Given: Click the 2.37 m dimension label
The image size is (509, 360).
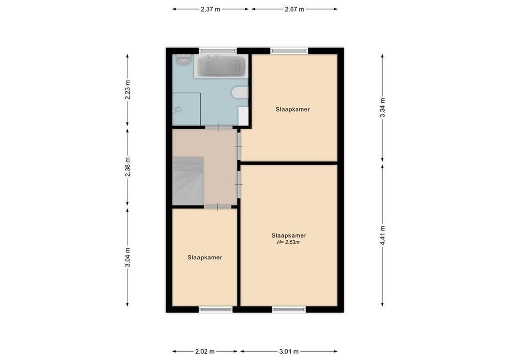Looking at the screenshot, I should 211,9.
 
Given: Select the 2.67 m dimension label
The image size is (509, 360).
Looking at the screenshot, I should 294,9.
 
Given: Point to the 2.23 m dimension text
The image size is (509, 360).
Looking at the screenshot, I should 128,89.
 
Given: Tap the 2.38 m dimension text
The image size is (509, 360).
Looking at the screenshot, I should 128,166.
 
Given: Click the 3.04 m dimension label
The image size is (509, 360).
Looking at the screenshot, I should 128,257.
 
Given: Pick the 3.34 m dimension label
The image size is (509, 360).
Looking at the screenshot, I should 383,108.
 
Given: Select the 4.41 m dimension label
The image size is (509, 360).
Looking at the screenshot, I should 383,235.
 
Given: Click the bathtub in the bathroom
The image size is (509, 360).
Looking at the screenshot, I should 221,67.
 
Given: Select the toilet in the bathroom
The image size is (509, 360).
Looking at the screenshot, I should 239,93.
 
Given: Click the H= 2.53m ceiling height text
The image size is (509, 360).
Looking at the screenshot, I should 288,242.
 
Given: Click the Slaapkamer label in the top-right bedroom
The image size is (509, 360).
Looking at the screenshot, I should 293,109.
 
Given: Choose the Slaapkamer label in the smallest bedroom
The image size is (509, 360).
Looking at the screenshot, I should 205,257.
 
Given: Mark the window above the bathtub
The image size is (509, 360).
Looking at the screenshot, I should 218,50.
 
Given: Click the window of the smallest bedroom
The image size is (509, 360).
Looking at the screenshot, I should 216,309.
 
